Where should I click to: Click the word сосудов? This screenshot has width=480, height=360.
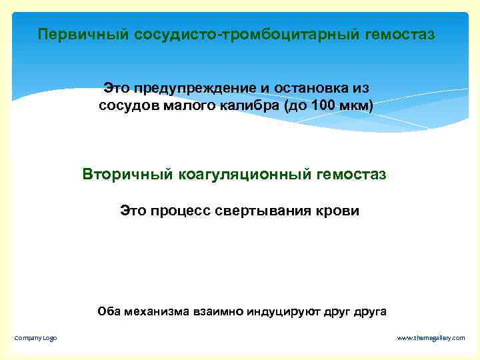pyautogui.click(x=127, y=106)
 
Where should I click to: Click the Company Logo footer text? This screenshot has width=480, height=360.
pyautogui.click(x=36, y=338)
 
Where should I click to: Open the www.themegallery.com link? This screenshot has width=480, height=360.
pyautogui.click(x=431, y=338)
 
